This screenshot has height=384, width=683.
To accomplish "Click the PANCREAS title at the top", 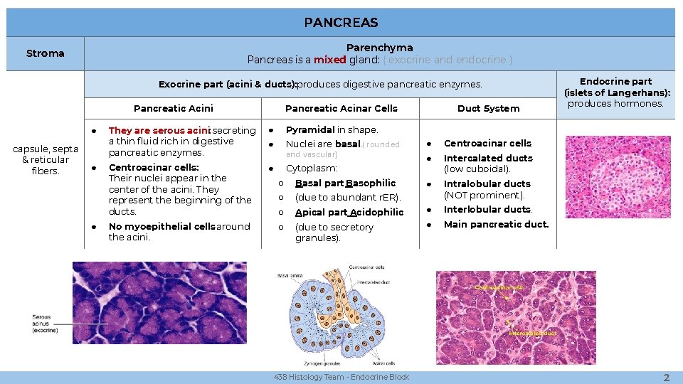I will [x=341, y=23].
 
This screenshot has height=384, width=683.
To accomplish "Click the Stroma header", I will [x=45, y=53].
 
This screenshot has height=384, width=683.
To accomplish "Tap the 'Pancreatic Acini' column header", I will [x=173, y=108].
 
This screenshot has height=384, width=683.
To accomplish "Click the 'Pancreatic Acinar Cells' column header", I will [x=341, y=108].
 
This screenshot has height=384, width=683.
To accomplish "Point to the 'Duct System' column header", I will [x=488, y=108].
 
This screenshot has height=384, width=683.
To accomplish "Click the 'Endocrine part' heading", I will [x=616, y=81].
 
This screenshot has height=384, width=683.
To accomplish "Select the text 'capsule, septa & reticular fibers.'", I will [x=46, y=160].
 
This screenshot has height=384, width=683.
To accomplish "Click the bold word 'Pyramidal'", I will [x=309, y=130].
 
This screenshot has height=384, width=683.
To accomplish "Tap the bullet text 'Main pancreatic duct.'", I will [x=496, y=225].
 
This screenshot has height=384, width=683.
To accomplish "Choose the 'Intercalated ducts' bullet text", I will [x=487, y=158].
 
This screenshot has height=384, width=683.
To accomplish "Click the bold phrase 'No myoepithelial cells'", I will [x=162, y=227].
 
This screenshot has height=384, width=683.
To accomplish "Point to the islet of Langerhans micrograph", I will [x=618, y=186].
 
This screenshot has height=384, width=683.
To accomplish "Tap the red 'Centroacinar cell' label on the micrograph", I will [x=499, y=287].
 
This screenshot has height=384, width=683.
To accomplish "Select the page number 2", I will [x=666, y=378].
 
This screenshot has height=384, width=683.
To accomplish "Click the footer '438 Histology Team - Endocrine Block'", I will [x=341, y=378].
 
